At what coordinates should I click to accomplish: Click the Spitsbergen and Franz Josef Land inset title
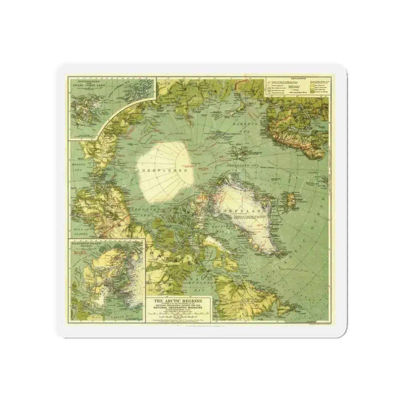click(85, 83)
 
